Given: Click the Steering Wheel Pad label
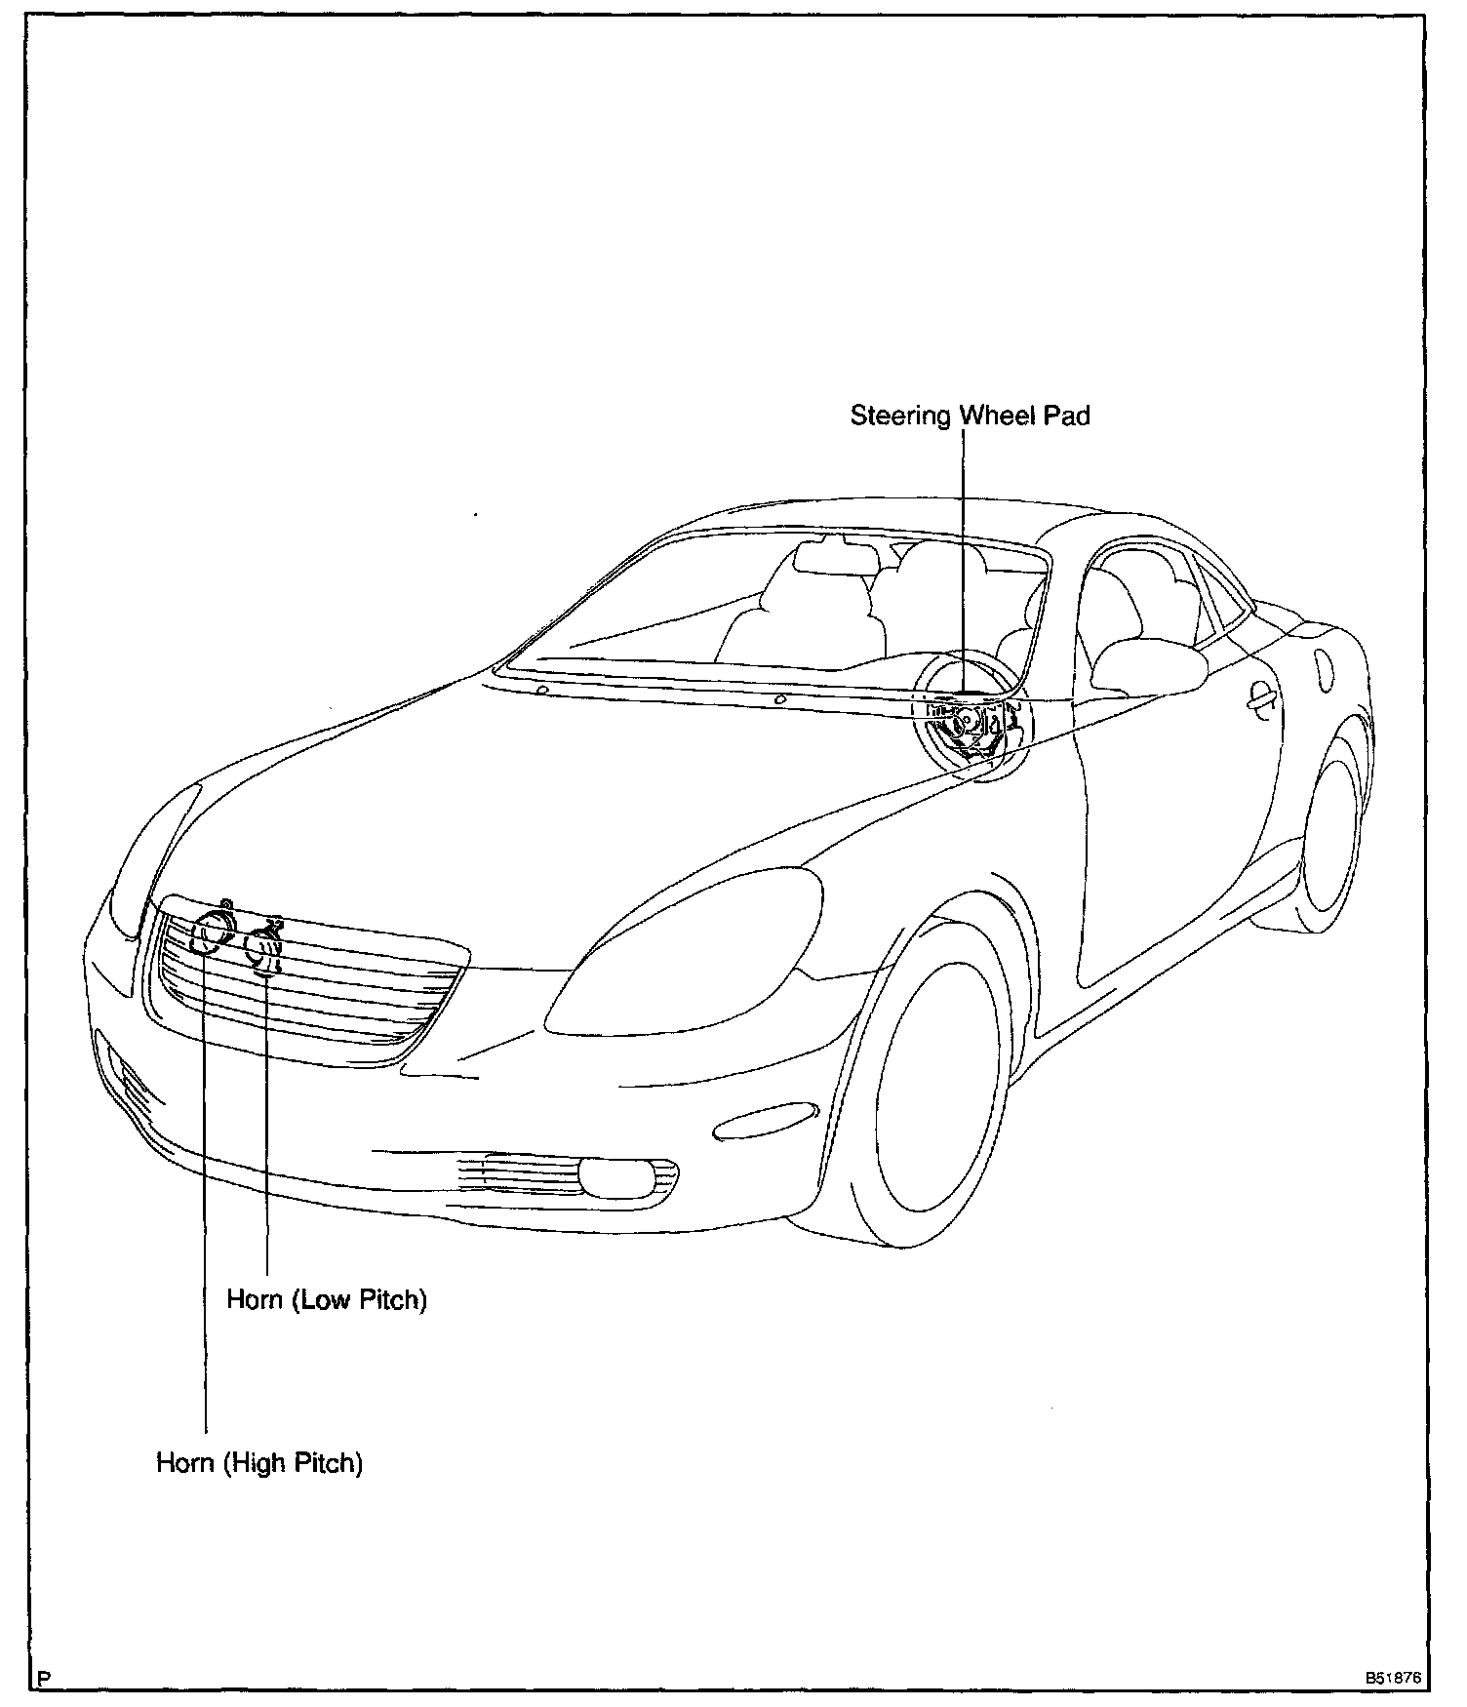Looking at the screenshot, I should click(970, 417).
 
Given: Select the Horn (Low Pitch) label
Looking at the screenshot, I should click(327, 1300).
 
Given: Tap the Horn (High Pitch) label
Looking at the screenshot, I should click(259, 1463).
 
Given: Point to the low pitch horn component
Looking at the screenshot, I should click(265, 948).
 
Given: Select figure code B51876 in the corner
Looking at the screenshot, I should click(1396, 1679).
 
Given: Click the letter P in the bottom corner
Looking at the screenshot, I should click(42, 1679).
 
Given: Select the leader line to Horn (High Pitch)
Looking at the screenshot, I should click(205, 1219).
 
